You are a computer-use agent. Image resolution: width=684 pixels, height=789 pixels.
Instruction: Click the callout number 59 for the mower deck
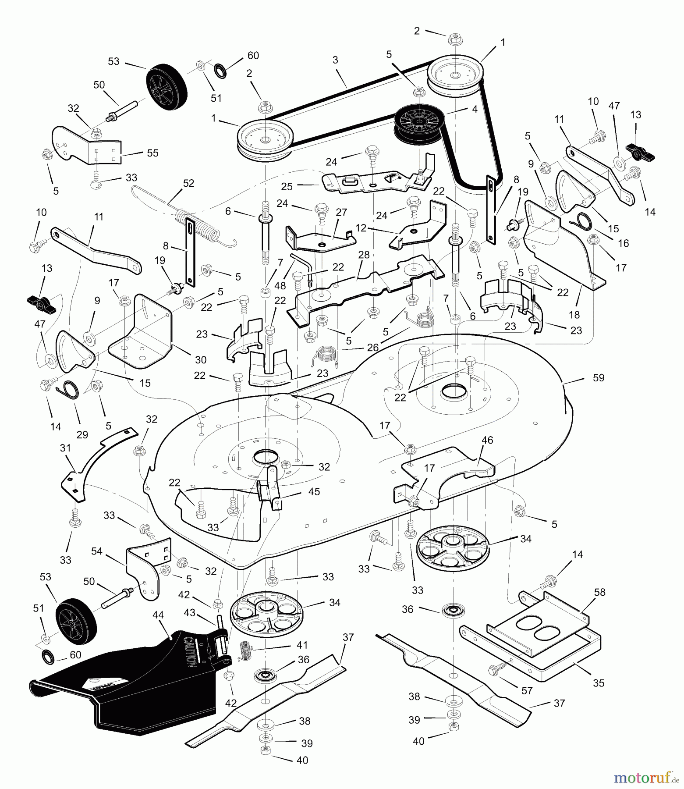click(x=598, y=378)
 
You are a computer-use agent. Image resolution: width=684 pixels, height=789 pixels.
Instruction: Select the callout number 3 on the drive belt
click(x=335, y=60)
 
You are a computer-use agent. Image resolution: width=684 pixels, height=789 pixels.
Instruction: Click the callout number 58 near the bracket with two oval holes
click(x=599, y=592)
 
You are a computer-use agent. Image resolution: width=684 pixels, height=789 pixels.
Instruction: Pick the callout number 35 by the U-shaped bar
click(x=598, y=683)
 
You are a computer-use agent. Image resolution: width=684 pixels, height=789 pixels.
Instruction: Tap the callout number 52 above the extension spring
click(x=188, y=183)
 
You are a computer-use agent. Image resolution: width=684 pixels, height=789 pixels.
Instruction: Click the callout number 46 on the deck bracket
click(x=487, y=440)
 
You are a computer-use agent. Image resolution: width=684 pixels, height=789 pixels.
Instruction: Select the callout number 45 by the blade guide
click(x=314, y=491)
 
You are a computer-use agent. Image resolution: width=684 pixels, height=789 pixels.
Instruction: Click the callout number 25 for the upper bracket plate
click(x=287, y=186)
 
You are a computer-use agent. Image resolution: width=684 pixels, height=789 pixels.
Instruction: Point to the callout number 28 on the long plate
click(x=363, y=255)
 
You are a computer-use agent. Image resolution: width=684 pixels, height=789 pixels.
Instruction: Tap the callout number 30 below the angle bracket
click(x=200, y=360)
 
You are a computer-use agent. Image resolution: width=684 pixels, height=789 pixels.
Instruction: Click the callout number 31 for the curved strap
click(x=65, y=448)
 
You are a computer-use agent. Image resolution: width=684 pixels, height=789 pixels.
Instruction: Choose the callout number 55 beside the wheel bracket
click(x=152, y=153)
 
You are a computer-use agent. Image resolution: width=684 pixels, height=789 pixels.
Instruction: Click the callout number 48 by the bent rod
click(x=280, y=286)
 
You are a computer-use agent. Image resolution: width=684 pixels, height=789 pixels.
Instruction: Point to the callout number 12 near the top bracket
click(x=361, y=228)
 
